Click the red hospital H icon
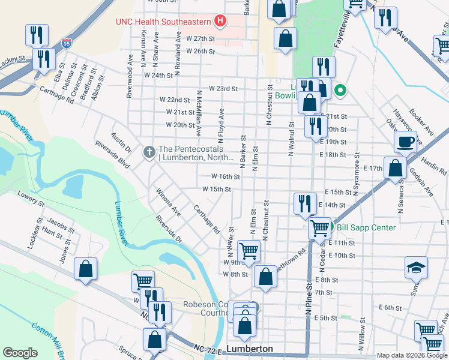[x=220, y=22]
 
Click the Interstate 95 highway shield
[x=66, y=44]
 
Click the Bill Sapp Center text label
[x=366, y=227]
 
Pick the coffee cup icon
[x=406, y=143]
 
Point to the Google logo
[x=20, y=353]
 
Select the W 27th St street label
[x=200, y=38]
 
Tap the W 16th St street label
[x=226, y=177]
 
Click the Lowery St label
[x=31, y=200]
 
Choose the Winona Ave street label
[x=168, y=203]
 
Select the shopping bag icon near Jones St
[x=86, y=269]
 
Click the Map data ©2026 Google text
[x=411, y=355]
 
